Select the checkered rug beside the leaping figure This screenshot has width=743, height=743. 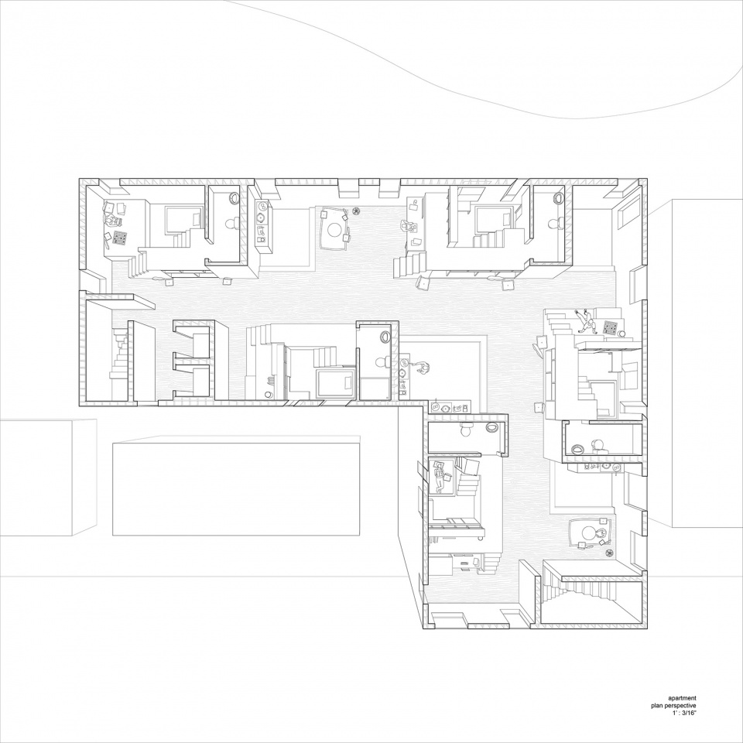pyautogui.click(x=609, y=327)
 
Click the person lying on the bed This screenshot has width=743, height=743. pyautogui.click(x=440, y=476)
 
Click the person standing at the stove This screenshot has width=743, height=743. pyautogui.click(x=423, y=368)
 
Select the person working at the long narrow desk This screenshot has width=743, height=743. pyautogui.click(x=407, y=227)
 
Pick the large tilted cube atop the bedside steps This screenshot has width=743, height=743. pyautogui.click(x=470, y=467)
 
